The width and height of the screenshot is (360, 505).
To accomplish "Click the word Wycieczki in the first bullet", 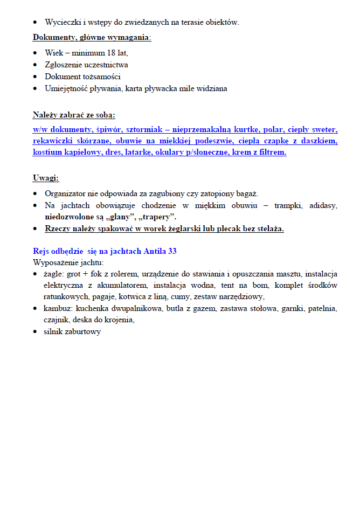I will [x=61, y=22].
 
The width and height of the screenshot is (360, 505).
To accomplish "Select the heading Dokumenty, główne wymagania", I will [x=92, y=37].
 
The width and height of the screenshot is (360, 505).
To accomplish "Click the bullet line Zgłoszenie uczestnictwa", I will [x=86, y=65].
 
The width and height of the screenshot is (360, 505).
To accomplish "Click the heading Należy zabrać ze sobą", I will [x=74, y=115].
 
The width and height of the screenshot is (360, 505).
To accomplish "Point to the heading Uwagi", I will [x=46, y=178].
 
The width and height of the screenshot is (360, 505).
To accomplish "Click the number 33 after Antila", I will [x=172, y=251].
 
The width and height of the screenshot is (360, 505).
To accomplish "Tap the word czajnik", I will [x=57, y=320].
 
